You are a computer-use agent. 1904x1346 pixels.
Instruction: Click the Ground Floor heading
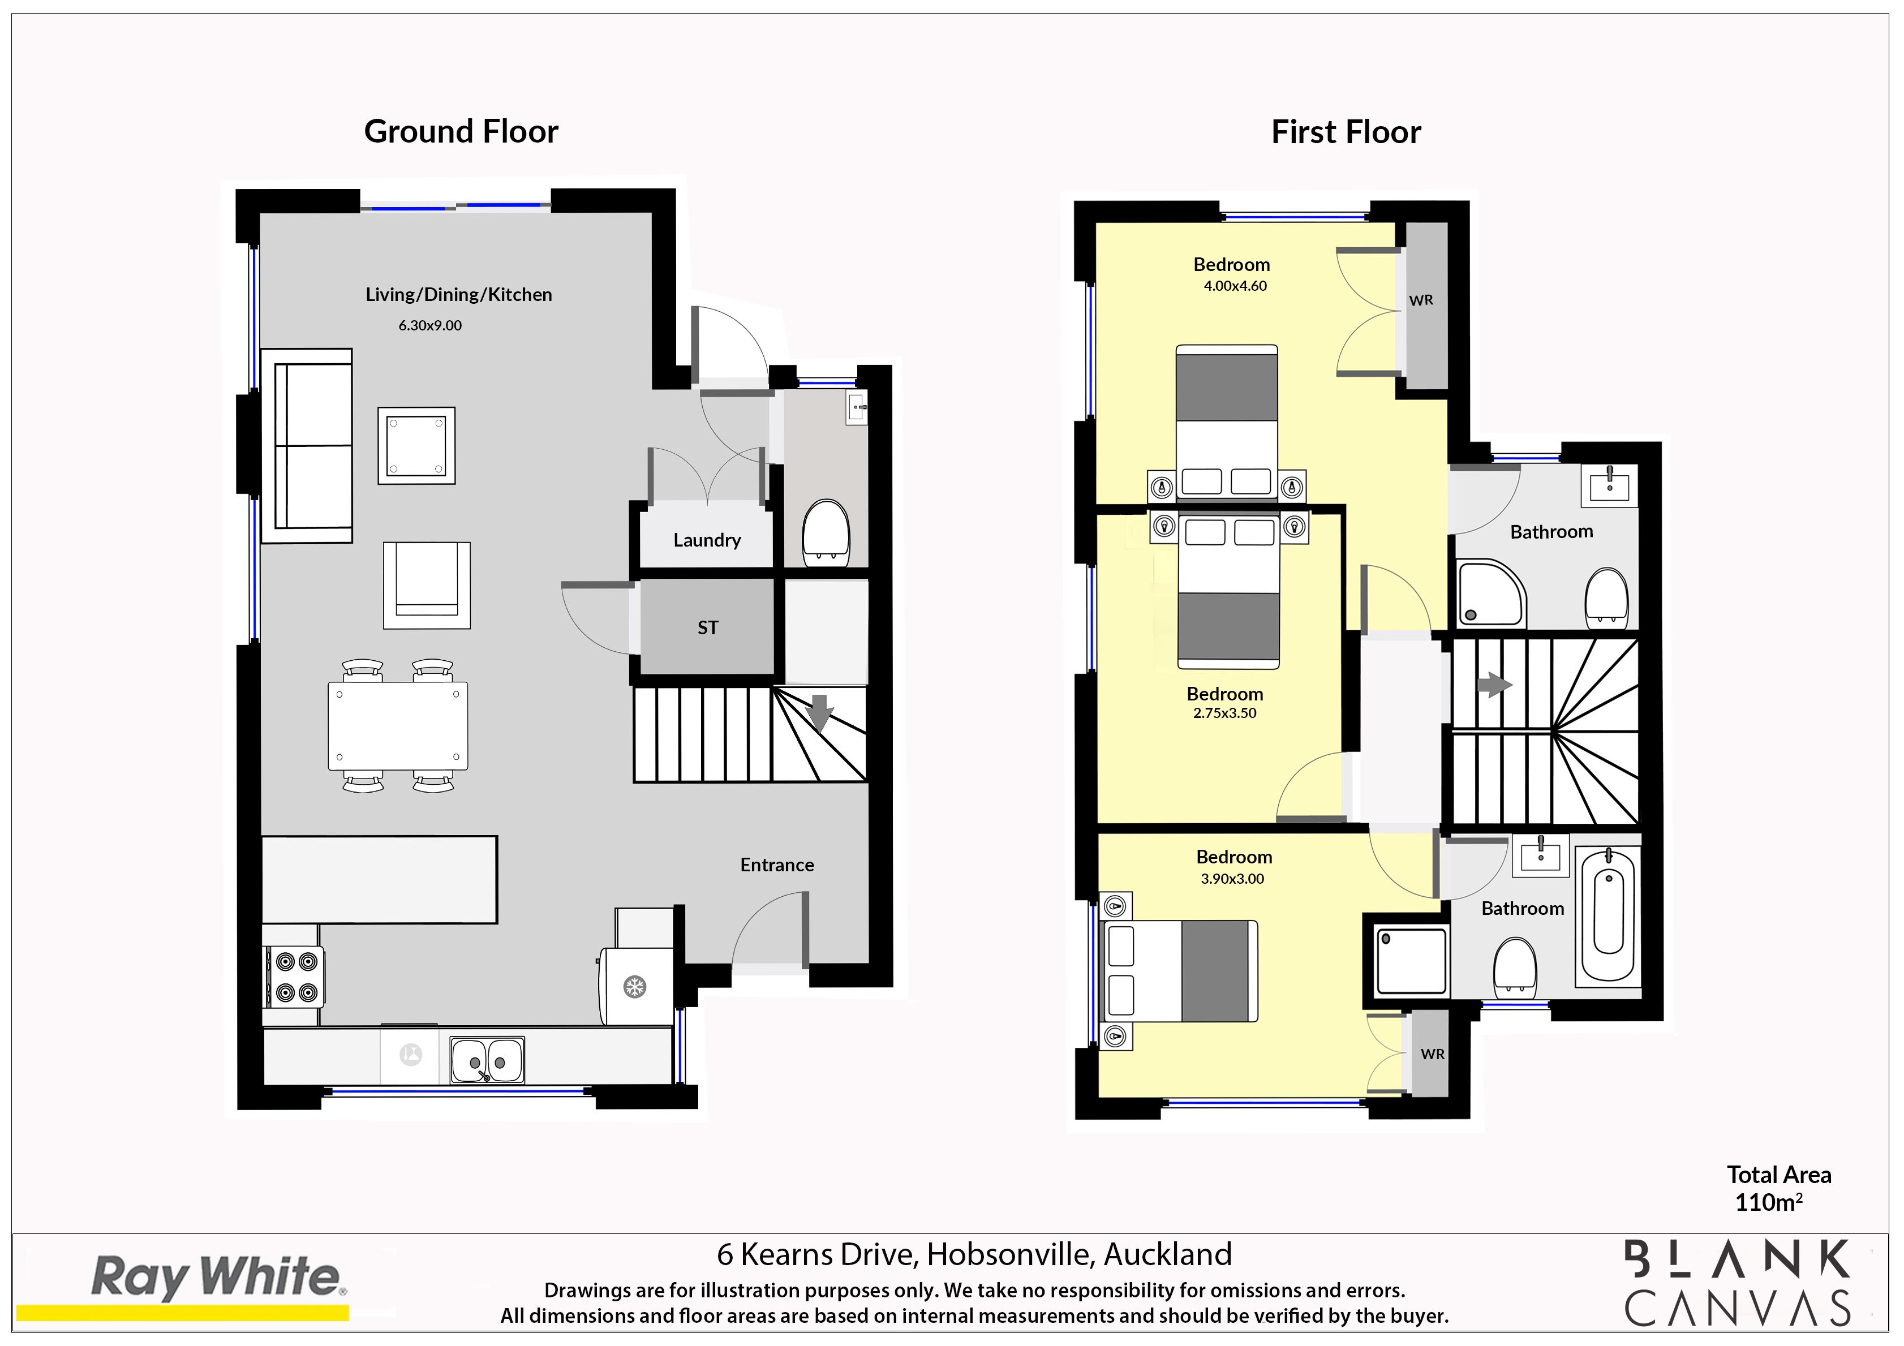coord(461,132)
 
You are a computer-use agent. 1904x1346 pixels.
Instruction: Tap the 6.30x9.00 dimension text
coord(429,325)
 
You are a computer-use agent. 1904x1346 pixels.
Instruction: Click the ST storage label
coord(707,628)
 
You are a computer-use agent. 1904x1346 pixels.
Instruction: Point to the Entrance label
coord(777,865)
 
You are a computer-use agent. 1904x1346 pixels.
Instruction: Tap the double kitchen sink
coord(488,1060)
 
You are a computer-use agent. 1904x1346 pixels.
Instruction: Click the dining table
coord(398,726)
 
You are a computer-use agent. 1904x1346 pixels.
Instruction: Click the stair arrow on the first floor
coord(1495,685)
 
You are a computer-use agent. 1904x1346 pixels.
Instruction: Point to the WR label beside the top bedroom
coord(1421,300)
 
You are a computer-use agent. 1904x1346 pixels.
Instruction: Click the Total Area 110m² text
coord(1779,1188)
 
